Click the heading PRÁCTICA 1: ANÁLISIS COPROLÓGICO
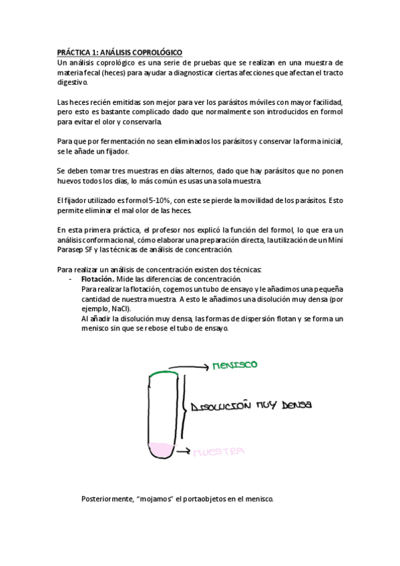119,52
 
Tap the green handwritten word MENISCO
234,365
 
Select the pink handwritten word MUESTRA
219,452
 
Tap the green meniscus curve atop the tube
162,374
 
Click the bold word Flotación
96,278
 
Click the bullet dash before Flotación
71,278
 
